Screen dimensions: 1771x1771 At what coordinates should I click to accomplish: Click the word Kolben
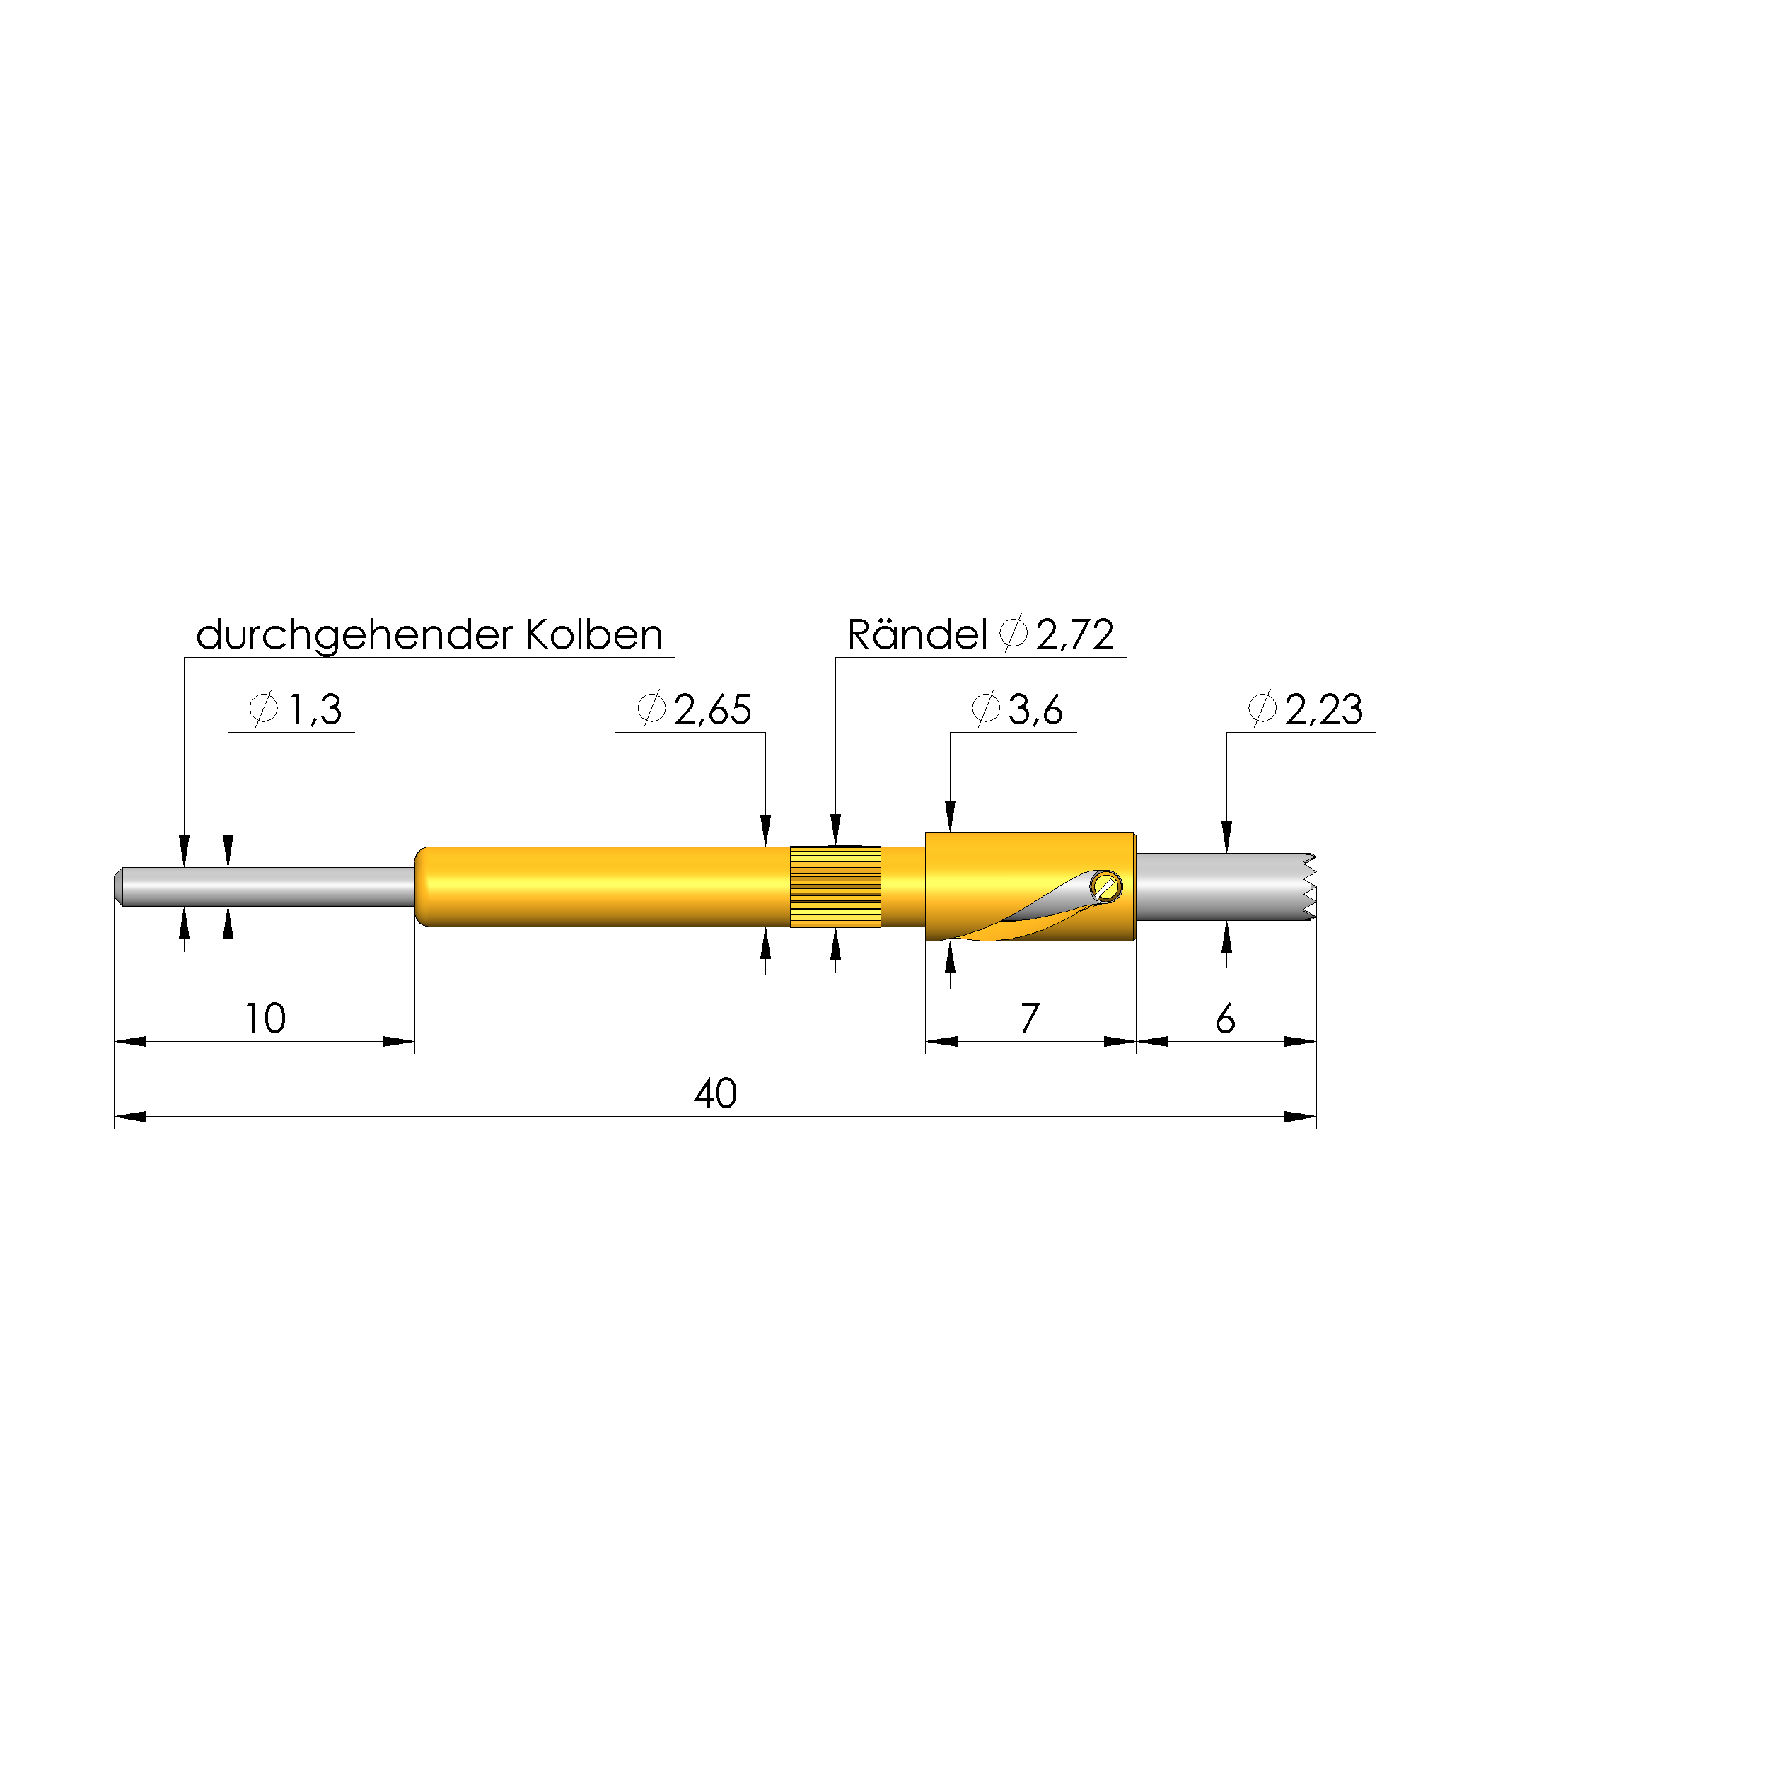point(594,634)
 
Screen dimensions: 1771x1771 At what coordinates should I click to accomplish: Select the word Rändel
point(917,634)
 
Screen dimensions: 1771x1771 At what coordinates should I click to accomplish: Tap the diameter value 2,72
point(1075,634)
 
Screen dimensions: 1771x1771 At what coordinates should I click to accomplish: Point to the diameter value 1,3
point(315,709)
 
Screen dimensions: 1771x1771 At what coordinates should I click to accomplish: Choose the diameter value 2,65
point(712,709)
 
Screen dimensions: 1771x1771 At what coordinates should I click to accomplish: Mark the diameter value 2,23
point(1324,709)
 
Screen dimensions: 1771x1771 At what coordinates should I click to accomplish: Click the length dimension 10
point(265,1019)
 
